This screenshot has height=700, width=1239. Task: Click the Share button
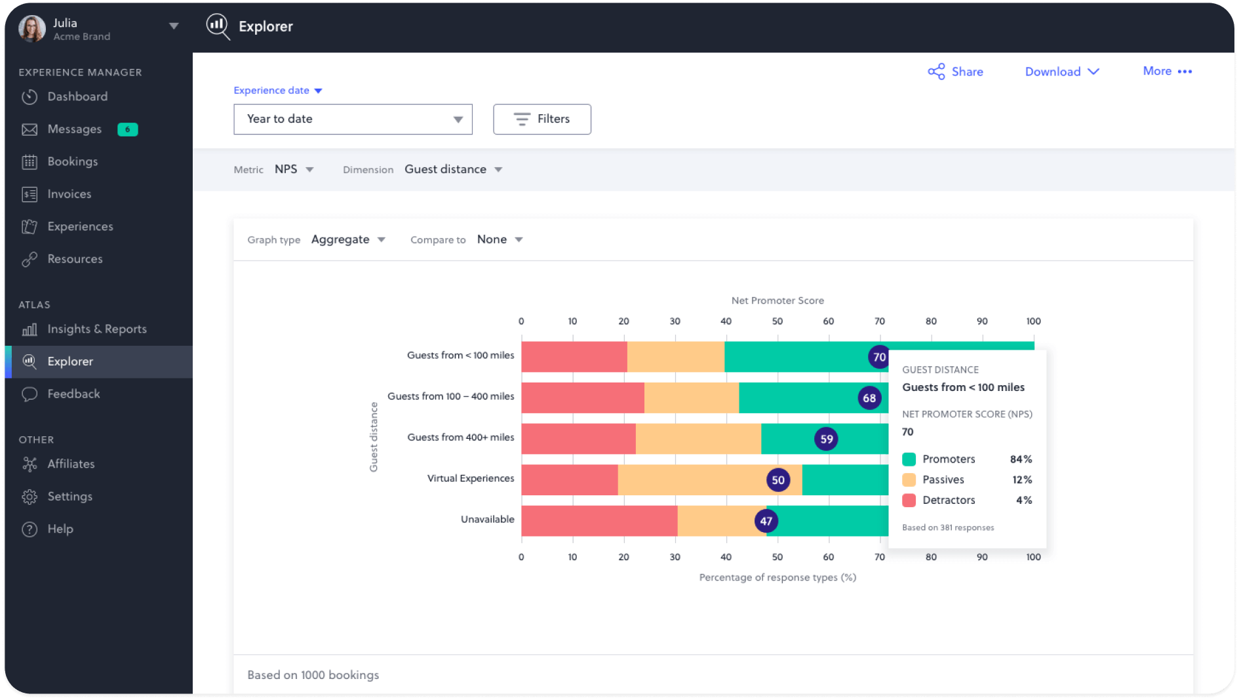[x=955, y=72]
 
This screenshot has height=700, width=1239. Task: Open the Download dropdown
[x=1061, y=72]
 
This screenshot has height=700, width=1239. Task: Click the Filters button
[x=541, y=119]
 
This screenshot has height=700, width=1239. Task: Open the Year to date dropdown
[x=353, y=119]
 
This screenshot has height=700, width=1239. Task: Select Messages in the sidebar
[x=74, y=129]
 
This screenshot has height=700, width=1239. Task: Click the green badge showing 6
[x=127, y=129]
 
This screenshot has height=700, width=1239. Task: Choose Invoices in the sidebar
[x=69, y=194]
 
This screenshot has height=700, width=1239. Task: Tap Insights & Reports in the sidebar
[x=96, y=329]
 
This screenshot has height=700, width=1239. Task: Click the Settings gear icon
[x=29, y=497]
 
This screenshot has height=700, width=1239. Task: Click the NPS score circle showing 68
[x=869, y=398]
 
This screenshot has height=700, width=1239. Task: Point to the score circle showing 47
[x=766, y=522]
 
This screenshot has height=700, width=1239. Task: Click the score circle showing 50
[x=778, y=480]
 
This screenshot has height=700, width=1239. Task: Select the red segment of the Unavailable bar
[x=599, y=521]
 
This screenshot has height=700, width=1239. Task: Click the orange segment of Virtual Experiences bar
[x=688, y=480]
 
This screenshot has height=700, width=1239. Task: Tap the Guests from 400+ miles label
[x=460, y=438]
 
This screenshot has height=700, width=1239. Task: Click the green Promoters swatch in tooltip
[x=909, y=459]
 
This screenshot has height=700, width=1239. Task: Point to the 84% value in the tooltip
[x=1021, y=459]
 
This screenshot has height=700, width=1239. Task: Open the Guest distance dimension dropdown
[x=453, y=169]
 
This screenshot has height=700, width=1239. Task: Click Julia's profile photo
[x=32, y=28]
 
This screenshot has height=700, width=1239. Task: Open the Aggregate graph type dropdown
[x=347, y=239]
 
